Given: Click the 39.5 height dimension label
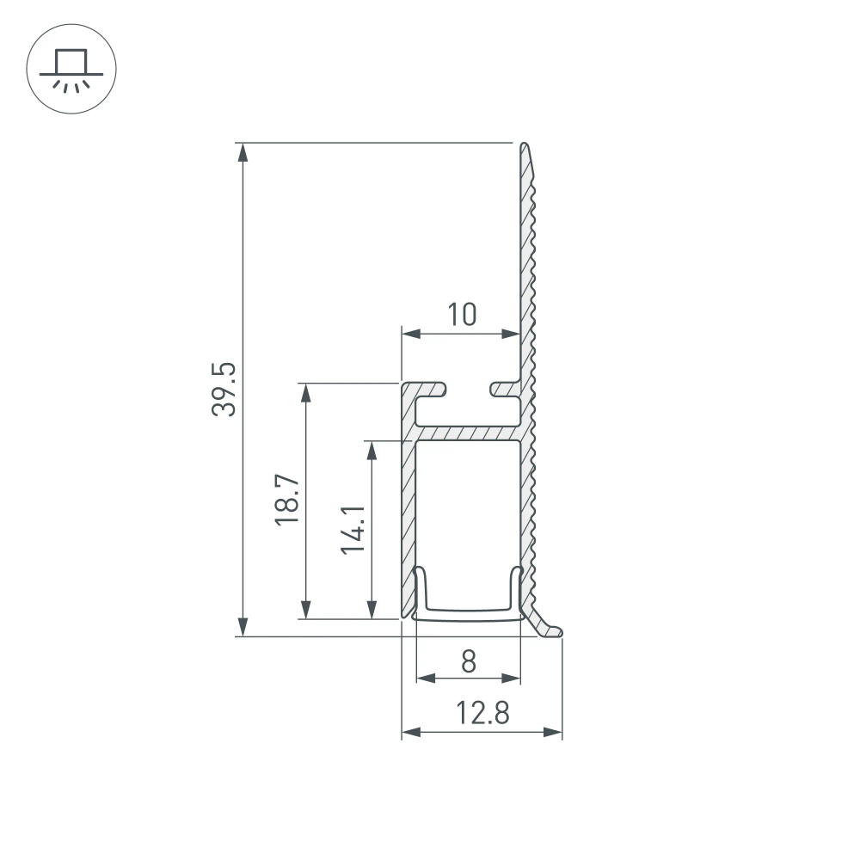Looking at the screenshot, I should (x=224, y=390).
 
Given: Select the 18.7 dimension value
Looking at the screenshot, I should (x=288, y=501).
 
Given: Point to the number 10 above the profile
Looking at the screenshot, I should (x=461, y=315).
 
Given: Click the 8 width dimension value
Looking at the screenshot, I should (x=468, y=660).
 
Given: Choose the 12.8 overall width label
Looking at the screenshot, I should (x=482, y=713).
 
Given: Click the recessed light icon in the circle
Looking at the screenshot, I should (x=71, y=70).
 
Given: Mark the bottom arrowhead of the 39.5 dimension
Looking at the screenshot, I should (x=244, y=626).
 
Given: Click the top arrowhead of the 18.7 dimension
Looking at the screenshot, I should (x=304, y=392).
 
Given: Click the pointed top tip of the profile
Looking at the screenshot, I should (x=524, y=147).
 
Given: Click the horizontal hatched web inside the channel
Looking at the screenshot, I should (x=468, y=433).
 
